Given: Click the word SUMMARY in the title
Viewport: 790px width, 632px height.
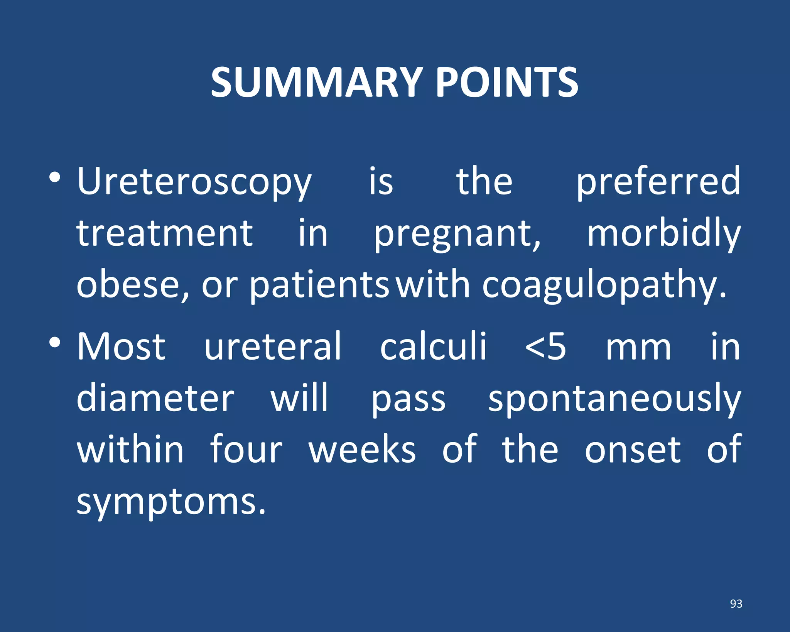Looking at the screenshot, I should point(317,83).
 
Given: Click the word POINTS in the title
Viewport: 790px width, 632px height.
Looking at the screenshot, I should point(507,83).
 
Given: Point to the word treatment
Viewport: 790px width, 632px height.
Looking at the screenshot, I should point(165,233).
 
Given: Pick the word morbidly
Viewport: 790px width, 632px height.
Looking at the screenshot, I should point(663,233).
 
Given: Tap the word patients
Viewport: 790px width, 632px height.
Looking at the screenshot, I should point(319,285).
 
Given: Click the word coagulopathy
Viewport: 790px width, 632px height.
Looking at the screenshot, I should point(604,285).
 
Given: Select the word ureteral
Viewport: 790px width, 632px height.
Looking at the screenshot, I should point(273,346).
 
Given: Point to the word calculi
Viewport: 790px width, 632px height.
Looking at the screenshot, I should point(433,346).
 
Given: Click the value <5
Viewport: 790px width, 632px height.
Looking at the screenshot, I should point(546,346).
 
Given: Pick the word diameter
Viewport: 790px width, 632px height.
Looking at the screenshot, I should point(155,398).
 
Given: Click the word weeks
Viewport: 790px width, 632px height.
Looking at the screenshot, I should point(362,449).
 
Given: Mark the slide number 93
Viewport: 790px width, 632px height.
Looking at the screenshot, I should point(736,603).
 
